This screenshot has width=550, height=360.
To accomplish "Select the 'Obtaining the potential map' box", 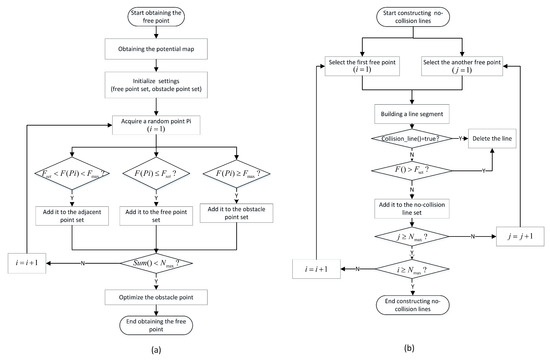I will point(153,50).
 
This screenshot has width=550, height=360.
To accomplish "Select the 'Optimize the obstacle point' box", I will point(153,295).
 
